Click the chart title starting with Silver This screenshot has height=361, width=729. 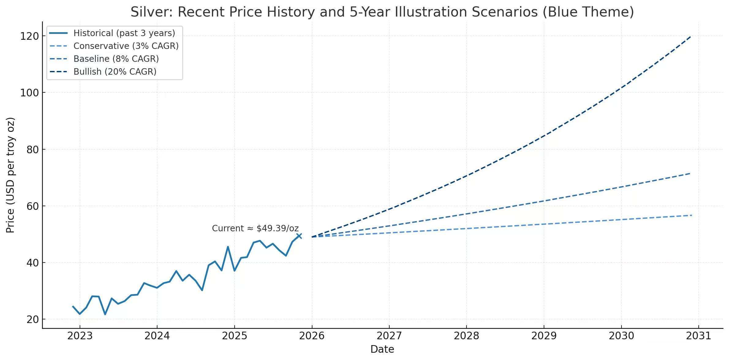coord(382,12)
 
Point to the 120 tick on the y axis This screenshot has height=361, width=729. coord(29,36)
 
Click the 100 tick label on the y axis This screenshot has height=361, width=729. coord(29,93)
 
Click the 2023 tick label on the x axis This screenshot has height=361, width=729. coord(80,336)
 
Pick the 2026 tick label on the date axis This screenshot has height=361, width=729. coord(312,336)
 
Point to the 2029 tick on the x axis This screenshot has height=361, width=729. coord(544,336)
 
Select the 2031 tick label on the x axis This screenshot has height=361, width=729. coord(698,336)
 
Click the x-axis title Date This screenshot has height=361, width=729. coord(382,349)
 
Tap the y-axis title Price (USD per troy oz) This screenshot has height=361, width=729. coord(10,175)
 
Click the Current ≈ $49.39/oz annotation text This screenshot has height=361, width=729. coord(255,229)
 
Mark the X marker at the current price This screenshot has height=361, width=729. coord(299,236)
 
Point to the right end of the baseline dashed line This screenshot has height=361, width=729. coord(690,173)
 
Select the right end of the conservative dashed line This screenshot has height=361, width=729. coord(691,215)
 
